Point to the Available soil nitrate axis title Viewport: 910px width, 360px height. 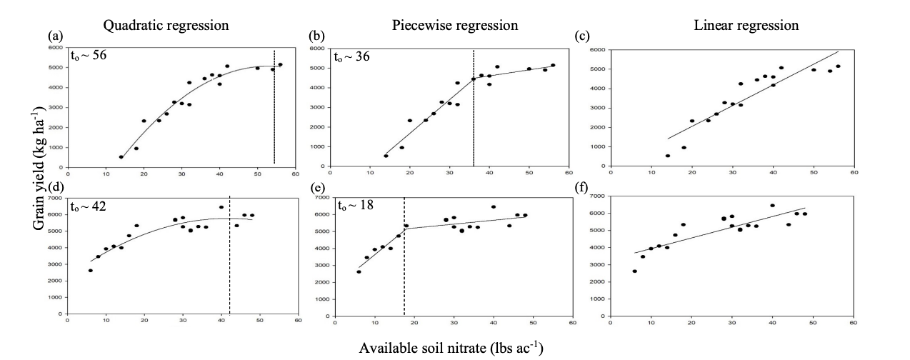pos(451,348)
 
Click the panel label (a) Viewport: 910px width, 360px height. pos(54,35)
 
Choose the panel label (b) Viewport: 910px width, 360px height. pos(316,35)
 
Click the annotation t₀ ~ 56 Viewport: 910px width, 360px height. pos(89,55)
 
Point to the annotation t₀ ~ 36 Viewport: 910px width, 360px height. pos(351,55)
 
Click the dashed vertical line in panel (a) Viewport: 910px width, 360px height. pos(274,107)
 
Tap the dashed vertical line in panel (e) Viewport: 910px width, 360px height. pos(404,257)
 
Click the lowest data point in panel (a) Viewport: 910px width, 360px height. pos(121,156)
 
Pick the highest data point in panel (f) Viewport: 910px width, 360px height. pos(772,206)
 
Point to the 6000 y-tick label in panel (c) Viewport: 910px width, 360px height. pos(598,51)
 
